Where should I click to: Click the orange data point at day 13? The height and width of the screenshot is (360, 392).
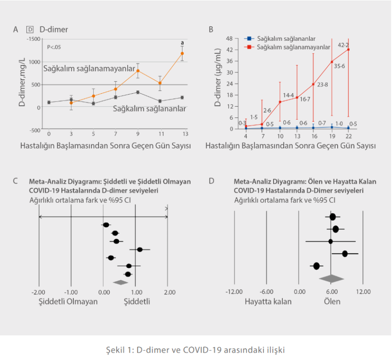point(182,53)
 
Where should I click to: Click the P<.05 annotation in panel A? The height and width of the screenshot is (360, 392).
point(54,47)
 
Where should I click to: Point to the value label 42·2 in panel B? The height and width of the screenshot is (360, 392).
point(343,45)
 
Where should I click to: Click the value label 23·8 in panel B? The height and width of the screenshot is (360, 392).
point(323,85)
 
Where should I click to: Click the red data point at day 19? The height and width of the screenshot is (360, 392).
point(332,62)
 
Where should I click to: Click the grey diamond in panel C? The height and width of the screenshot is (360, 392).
point(120,282)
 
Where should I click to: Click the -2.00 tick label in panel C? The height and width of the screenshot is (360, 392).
point(39,292)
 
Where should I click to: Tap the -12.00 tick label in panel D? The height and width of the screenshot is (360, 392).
point(234,292)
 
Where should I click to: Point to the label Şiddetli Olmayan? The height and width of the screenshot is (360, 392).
point(68,301)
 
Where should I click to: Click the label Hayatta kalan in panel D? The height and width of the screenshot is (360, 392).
point(268,301)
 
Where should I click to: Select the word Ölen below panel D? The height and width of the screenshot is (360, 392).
point(332,301)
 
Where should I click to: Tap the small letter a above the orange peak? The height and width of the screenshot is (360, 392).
point(182,43)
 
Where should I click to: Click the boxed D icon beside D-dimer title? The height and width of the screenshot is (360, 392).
point(30,30)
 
